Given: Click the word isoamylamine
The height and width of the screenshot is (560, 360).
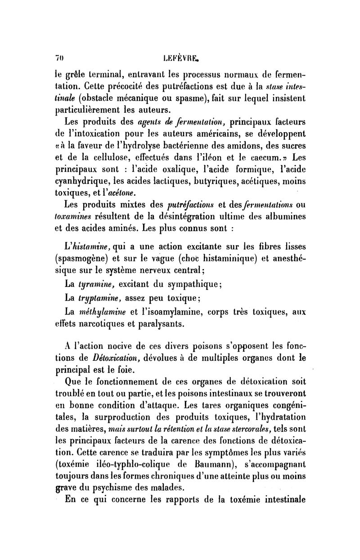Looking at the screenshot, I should point(176,311).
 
